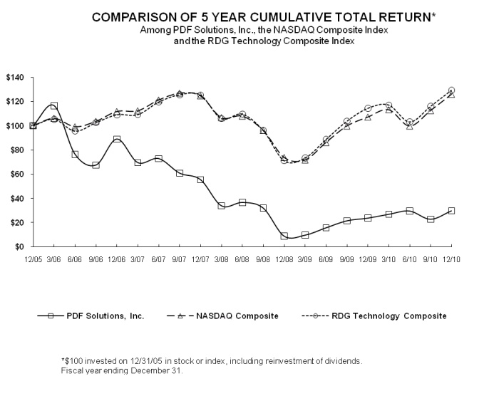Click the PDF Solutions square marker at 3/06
coord(54,106)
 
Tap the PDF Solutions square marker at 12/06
coord(117,140)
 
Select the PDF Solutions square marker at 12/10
coord(451,211)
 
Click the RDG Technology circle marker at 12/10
coord(451,90)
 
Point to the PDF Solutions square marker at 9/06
coord(96,165)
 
